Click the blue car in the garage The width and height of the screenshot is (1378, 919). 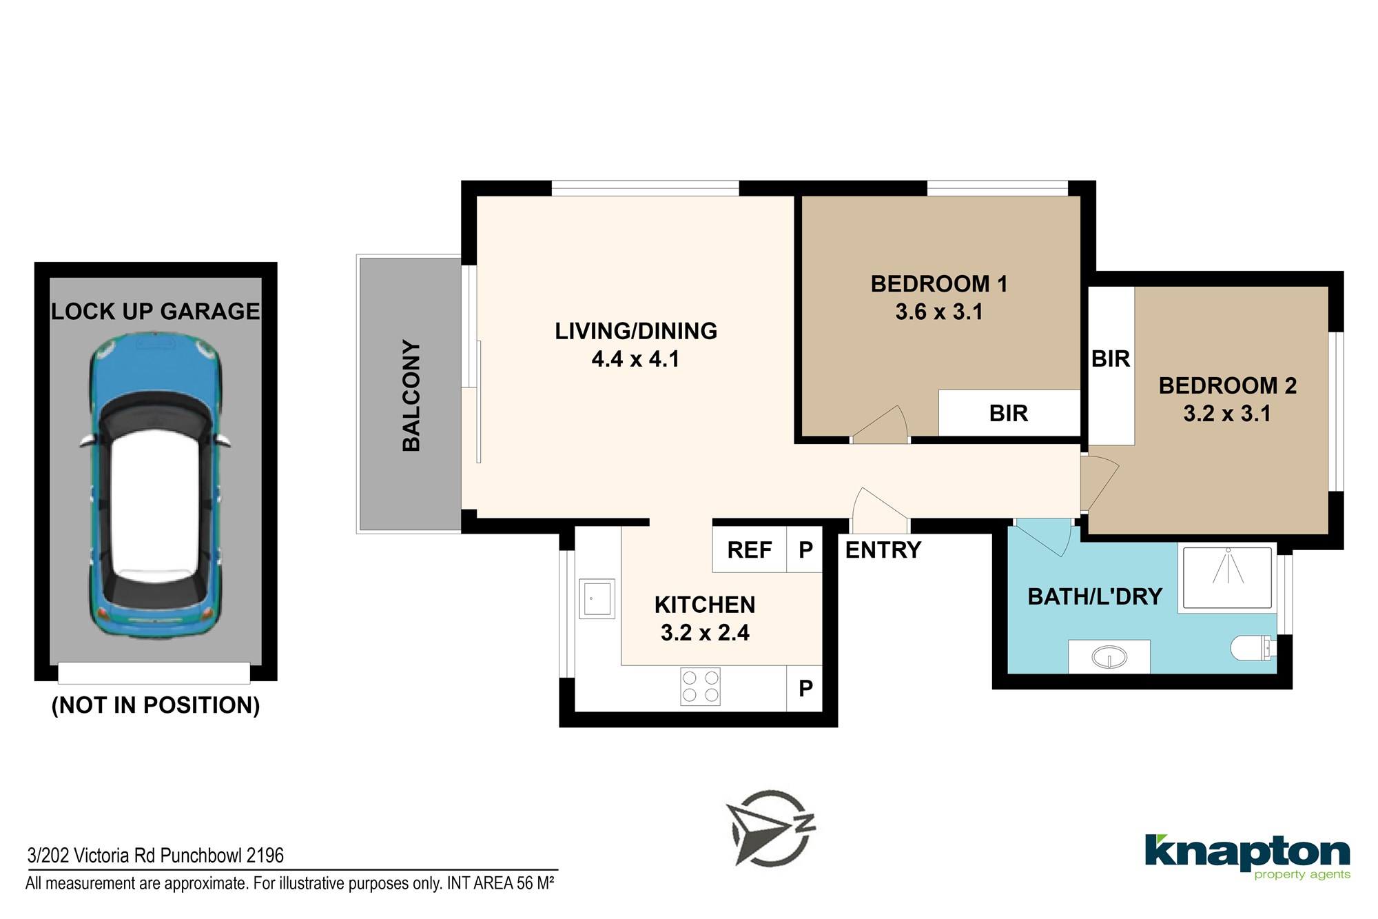click(x=156, y=487)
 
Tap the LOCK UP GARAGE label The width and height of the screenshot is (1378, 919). click(x=156, y=312)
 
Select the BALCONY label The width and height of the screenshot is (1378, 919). click(x=411, y=396)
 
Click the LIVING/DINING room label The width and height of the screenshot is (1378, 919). click(x=636, y=331)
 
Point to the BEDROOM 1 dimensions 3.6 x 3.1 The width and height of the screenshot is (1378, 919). click(x=939, y=312)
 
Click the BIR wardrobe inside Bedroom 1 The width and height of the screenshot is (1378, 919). click(x=1009, y=413)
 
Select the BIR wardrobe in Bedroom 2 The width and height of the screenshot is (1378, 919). click(x=1111, y=365)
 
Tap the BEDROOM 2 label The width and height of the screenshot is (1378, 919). click(x=1228, y=385)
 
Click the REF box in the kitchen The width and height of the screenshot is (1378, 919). click(x=750, y=549)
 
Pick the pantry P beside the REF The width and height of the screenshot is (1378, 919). click(x=805, y=549)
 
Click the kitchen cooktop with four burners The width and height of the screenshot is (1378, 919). click(x=701, y=687)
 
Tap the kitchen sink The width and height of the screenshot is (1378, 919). click(x=597, y=598)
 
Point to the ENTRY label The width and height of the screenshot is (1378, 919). click(x=883, y=550)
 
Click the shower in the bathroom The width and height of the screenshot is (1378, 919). click(x=1227, y=578)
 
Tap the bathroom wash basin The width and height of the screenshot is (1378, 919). click(x=1109, y=657)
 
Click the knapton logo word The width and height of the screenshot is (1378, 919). click(x=1247, y=853)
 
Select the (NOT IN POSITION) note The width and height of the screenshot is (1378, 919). click(x=156, y=705)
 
